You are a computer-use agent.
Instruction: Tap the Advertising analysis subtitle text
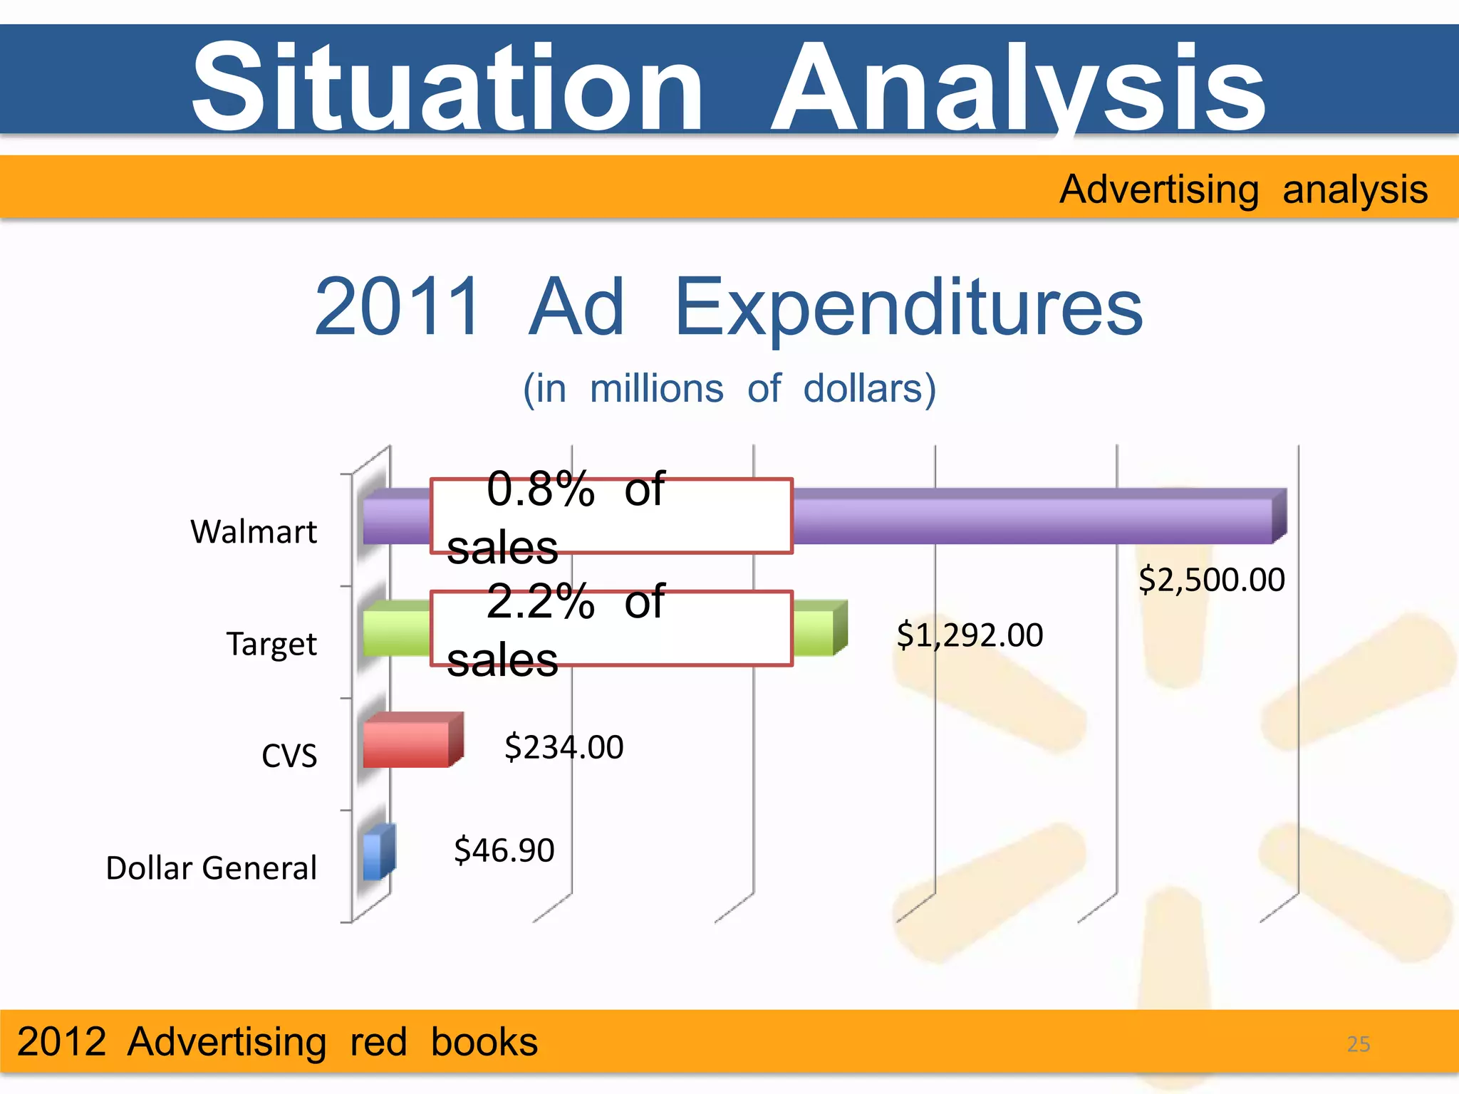[1243, 189]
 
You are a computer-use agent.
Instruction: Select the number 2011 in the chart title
[398, 307]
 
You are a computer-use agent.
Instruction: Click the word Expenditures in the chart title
[908, 307]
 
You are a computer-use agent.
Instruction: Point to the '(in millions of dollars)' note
[729, 389]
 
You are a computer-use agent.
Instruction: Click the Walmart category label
[254, 531]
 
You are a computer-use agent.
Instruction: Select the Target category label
[271, 644]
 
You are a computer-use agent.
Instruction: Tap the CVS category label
[289, 756]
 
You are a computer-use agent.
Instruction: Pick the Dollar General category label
[211, 868]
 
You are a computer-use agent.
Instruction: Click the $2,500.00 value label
[1212, 580]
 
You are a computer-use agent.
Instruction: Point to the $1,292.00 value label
[970, 635]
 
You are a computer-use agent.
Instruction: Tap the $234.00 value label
[564, 747]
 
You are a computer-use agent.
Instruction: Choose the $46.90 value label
[504, 850]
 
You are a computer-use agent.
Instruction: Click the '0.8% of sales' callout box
[611, 516]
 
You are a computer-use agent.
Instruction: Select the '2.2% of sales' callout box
[611, 629]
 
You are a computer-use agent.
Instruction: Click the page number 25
[1358, 1044]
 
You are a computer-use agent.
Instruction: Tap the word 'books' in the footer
[484, 1042]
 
